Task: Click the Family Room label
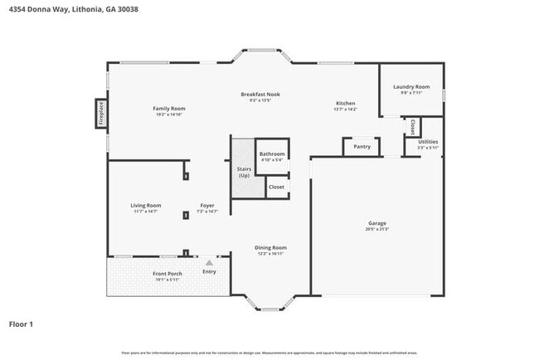point(168,109)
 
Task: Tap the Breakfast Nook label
point(260,95)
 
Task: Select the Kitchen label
point(345,103)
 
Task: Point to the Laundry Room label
point(410,87)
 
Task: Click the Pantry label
point(362,146)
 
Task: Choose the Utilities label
point(428,142)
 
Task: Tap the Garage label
point(377,222)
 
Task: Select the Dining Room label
point(270,247)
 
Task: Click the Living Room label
point(145,206)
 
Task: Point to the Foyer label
point(207,206)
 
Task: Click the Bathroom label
point(272,154)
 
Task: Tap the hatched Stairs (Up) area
point(243,169)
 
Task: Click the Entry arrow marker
point(209,262)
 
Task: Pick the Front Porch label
point(167,274)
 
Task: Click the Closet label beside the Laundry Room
point(412,126)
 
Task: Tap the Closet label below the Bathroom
point(276,187)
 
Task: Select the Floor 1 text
point(21,324)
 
